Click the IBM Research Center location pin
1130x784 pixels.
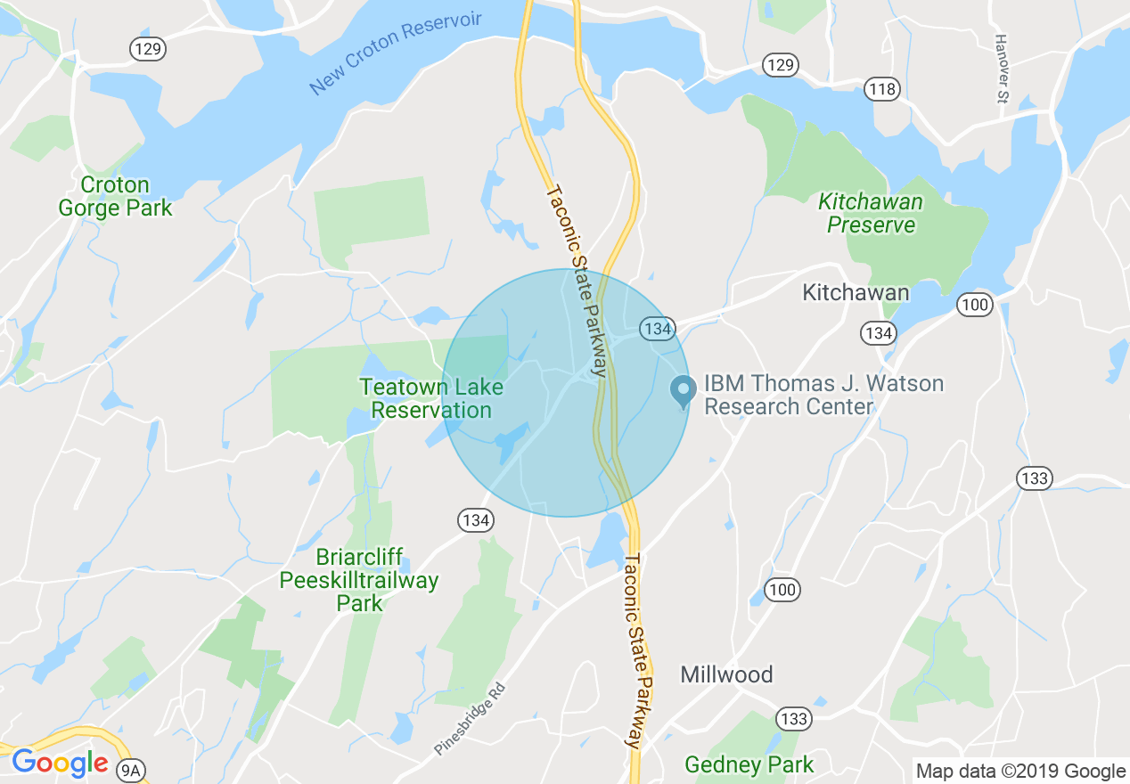point(683,391)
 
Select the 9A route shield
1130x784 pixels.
point(131,768)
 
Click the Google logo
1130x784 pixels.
point(60,764)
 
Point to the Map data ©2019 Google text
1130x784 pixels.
point(1021,772)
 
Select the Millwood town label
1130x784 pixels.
point(726,674)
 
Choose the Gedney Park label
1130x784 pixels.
point(749,764)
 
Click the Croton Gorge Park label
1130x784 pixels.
point(115,197)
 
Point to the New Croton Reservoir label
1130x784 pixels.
point(395,53)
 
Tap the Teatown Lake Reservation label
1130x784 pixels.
point(431,399)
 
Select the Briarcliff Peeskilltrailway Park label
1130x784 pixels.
point(359,580)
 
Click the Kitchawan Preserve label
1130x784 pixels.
point(871,214)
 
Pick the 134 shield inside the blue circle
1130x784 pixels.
point(657,329)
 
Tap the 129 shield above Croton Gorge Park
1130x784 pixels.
point(148,49)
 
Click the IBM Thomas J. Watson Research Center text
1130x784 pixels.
point(823,395)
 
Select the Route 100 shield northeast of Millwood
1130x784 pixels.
point(782,589)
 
